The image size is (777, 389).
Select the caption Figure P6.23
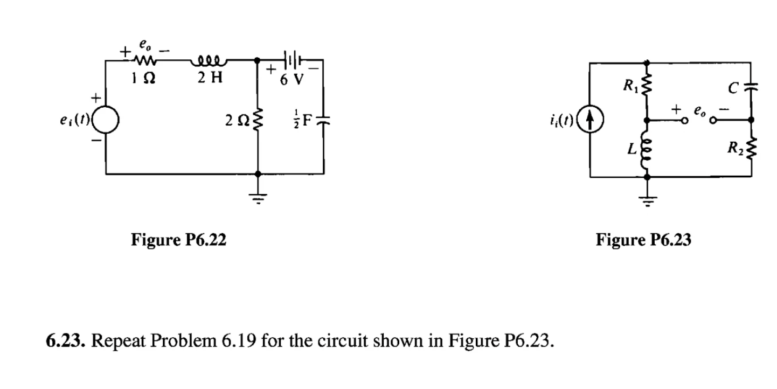pyautogui.click(x=643, y=239)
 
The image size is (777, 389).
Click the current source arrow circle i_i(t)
pyautogui.click(x=592, y=119)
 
